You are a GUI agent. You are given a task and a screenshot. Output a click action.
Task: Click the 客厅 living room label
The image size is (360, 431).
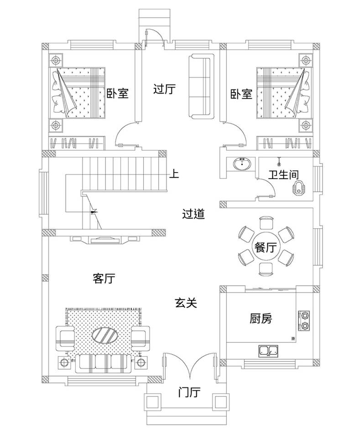104,279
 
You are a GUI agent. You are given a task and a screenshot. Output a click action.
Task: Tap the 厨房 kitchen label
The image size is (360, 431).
261,318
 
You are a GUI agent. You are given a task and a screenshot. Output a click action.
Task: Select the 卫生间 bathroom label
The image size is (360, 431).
283,174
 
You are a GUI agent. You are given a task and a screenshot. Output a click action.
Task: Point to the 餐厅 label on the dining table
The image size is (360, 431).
265,248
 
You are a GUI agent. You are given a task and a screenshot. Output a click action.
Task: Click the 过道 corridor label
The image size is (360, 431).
193,214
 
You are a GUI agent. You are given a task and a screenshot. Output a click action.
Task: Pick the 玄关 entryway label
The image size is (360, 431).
186,302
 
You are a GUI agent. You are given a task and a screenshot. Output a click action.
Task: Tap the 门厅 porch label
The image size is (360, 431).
189,392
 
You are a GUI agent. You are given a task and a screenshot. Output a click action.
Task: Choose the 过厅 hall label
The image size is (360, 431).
164,89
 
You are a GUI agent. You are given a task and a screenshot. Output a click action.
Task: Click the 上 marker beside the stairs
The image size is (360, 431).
174,173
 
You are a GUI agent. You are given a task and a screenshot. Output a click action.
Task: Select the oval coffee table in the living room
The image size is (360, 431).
106,335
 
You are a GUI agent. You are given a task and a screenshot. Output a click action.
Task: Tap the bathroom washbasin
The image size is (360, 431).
242,163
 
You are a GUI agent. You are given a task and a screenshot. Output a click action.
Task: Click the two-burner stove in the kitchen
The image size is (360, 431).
303,321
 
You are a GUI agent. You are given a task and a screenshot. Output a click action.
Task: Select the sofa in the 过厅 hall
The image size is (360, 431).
201,87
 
